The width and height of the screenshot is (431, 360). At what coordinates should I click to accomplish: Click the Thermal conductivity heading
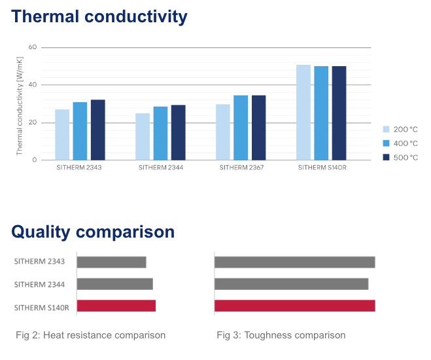click(x=99, y=16)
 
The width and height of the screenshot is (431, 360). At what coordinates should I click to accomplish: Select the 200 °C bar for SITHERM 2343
click(x=62, y=135)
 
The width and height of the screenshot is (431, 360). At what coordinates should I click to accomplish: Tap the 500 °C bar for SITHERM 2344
click(x=179, y=132)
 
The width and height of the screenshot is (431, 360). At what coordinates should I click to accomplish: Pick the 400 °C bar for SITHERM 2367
click(x=241, y=128)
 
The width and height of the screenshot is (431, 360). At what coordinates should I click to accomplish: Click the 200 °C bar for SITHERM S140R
click(x=303, y=113)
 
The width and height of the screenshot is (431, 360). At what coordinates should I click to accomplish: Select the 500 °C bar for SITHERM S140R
click(x=339, y=113)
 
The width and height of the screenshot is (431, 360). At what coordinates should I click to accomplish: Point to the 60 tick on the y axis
click(x=33, y=47)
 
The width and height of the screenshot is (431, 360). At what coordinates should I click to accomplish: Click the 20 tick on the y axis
click(x=33, y=122)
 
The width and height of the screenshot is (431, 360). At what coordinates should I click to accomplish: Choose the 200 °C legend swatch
click(x=387, y=129)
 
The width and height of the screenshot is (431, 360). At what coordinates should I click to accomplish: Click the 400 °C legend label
click(x=405, y=143)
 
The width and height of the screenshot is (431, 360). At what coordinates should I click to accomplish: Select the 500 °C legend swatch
click(x=387, y=157)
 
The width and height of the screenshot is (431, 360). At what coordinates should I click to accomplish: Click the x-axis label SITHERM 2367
click(x=241, y=168)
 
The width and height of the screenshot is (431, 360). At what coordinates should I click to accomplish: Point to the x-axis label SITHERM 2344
click(x=161, y=168)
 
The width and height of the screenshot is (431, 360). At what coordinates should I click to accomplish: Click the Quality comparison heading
click(x=93, y=232)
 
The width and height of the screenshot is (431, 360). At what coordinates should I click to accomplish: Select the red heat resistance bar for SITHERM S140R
click(x=116, y=306)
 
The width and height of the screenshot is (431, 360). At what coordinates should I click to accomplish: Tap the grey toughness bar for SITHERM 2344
click(x=291, y=284)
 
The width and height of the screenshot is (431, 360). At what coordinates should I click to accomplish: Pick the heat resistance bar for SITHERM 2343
click(x=111, y=262)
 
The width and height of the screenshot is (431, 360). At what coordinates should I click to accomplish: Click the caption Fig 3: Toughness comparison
click(x=281, y=335)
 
